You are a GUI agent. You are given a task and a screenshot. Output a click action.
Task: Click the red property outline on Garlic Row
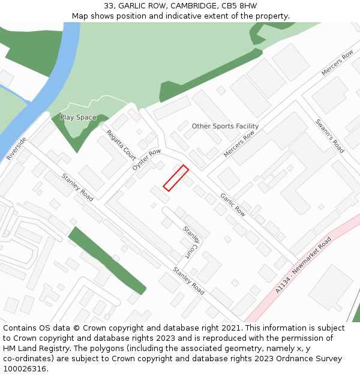[176, 178]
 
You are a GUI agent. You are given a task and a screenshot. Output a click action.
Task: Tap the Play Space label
[78, 118]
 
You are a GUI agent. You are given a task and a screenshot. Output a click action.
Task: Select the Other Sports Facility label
[225, 127]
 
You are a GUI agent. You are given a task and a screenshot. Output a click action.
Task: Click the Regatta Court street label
[121, 145]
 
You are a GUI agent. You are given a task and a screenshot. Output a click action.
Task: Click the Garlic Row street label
[232, 204]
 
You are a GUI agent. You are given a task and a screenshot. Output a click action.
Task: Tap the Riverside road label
[16, 149]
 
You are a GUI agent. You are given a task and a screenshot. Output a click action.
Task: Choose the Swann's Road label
[329, 136]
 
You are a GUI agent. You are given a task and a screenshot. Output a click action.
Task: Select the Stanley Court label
[191, 242]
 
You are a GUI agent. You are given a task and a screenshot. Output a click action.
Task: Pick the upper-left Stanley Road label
[77, 187]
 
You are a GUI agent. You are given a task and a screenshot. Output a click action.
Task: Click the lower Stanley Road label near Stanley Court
[188, 281]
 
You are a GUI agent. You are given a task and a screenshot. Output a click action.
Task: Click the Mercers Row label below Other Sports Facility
[239, 145]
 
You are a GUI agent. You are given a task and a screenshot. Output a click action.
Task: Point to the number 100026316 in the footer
[24, 368]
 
